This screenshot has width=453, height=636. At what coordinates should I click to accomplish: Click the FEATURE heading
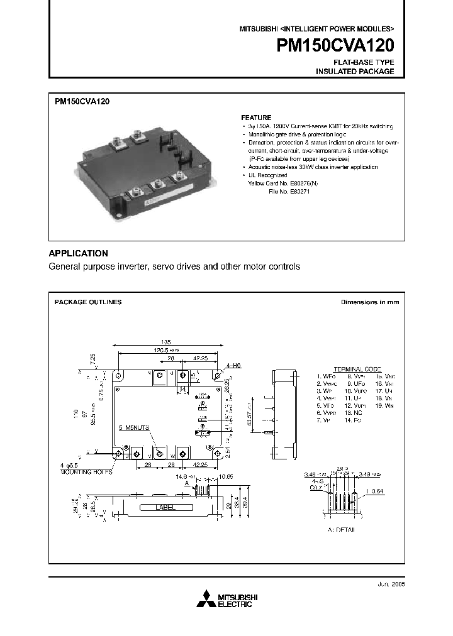[256, 118]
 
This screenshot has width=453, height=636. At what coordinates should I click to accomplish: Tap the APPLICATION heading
[79, 253]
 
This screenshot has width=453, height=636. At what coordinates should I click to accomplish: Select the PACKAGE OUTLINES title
[88, 302]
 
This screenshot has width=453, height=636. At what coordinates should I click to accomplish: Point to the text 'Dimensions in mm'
[370, 302]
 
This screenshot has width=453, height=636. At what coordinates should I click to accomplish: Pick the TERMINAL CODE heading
[357, 369]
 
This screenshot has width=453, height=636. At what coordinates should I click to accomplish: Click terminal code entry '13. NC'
[355, 413]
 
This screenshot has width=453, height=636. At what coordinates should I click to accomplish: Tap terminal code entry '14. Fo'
[354, 420]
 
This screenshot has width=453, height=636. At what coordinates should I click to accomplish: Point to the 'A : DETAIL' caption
[342, 530]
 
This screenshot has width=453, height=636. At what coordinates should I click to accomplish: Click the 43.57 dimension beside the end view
[250, 414]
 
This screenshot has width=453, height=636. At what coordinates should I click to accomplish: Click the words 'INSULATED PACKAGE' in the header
[355, 72]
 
